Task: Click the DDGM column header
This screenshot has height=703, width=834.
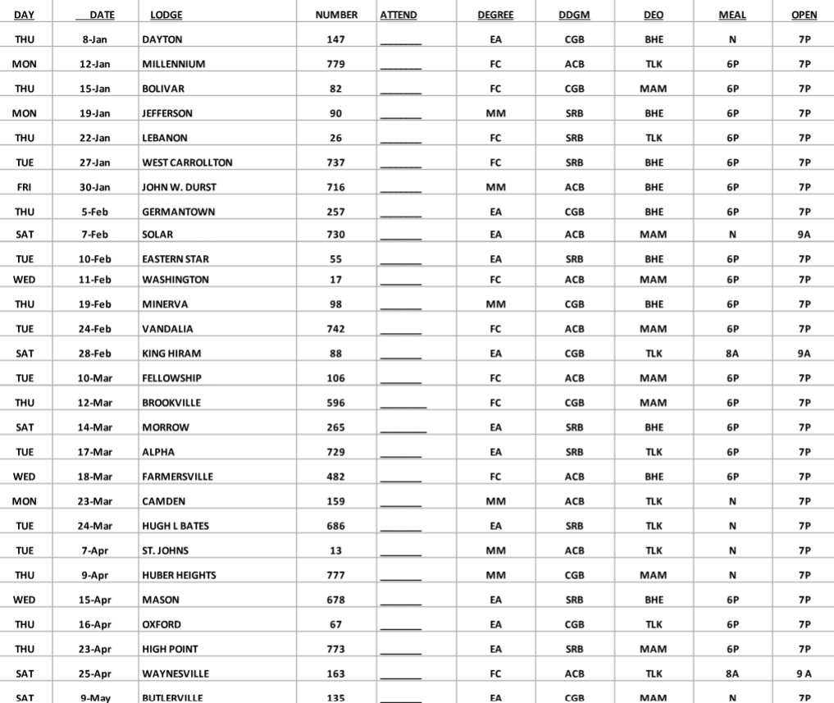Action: point(574,15)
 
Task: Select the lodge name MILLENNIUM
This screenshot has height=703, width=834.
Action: point(174,64)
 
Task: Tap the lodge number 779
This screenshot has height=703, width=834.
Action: point(336,64)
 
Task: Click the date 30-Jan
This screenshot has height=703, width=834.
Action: point(95,187)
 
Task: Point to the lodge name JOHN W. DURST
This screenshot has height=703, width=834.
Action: point(180,187)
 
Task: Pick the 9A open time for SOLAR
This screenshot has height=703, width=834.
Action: point(804,235)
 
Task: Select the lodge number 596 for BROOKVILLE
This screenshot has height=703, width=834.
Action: point(336,403)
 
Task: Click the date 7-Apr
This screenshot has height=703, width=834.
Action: point(95,550)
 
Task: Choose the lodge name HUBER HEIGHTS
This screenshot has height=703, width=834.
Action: point(180,575)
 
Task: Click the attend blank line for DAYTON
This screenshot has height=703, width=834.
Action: point(401,41)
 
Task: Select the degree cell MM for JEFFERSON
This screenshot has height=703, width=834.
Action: point(495,113)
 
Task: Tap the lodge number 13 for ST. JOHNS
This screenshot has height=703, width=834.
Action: point(336,550)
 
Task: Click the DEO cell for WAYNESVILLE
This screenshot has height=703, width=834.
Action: point(654,673)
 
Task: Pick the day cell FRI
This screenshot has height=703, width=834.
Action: point(25,187)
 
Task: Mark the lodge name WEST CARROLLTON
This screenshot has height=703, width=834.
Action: point(188,162)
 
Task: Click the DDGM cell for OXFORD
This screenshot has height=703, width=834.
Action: point(574,624)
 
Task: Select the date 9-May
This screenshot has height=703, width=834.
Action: point(95,697)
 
